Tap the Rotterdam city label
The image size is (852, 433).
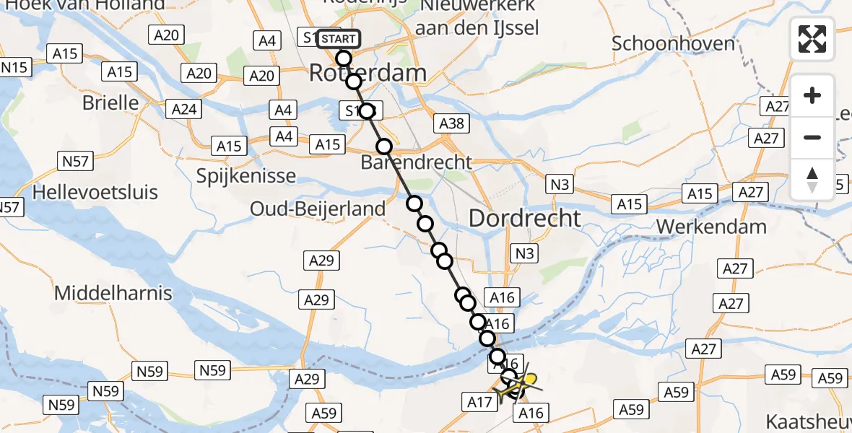tap(368, 73)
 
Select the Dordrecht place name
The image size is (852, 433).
tap(525, 218)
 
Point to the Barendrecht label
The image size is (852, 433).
tap(426, 162)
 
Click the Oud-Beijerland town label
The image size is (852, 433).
tap(318, 209)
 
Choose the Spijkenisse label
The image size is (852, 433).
tap(246, 175)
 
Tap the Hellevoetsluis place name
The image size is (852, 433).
tap(95, 193)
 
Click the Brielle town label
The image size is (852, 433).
tap(110, 102)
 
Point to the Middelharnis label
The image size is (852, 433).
tap(113, 293)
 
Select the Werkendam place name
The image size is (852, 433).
tap(711, 227)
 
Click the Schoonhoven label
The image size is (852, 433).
tap(673, 43)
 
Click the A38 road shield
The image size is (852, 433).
tap(452, 124)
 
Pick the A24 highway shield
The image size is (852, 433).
tap(185, 110)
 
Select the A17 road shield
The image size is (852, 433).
tap(479, 401)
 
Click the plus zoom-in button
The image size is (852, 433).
tap(812, 96)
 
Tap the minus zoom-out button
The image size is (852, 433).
tap(812, 137)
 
